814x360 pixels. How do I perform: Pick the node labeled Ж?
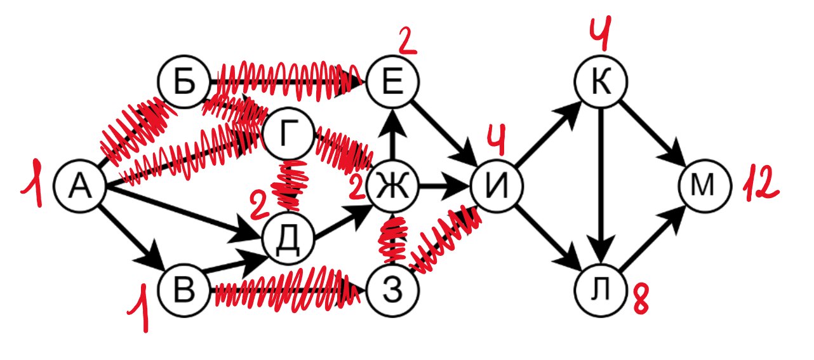point(394,187)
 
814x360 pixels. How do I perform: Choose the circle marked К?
point(601,83)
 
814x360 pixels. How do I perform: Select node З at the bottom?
point(394,290)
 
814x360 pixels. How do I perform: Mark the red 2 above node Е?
point(406,41)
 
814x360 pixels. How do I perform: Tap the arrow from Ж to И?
point(444,187)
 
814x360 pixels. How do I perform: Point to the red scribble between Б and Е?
point(286,79)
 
